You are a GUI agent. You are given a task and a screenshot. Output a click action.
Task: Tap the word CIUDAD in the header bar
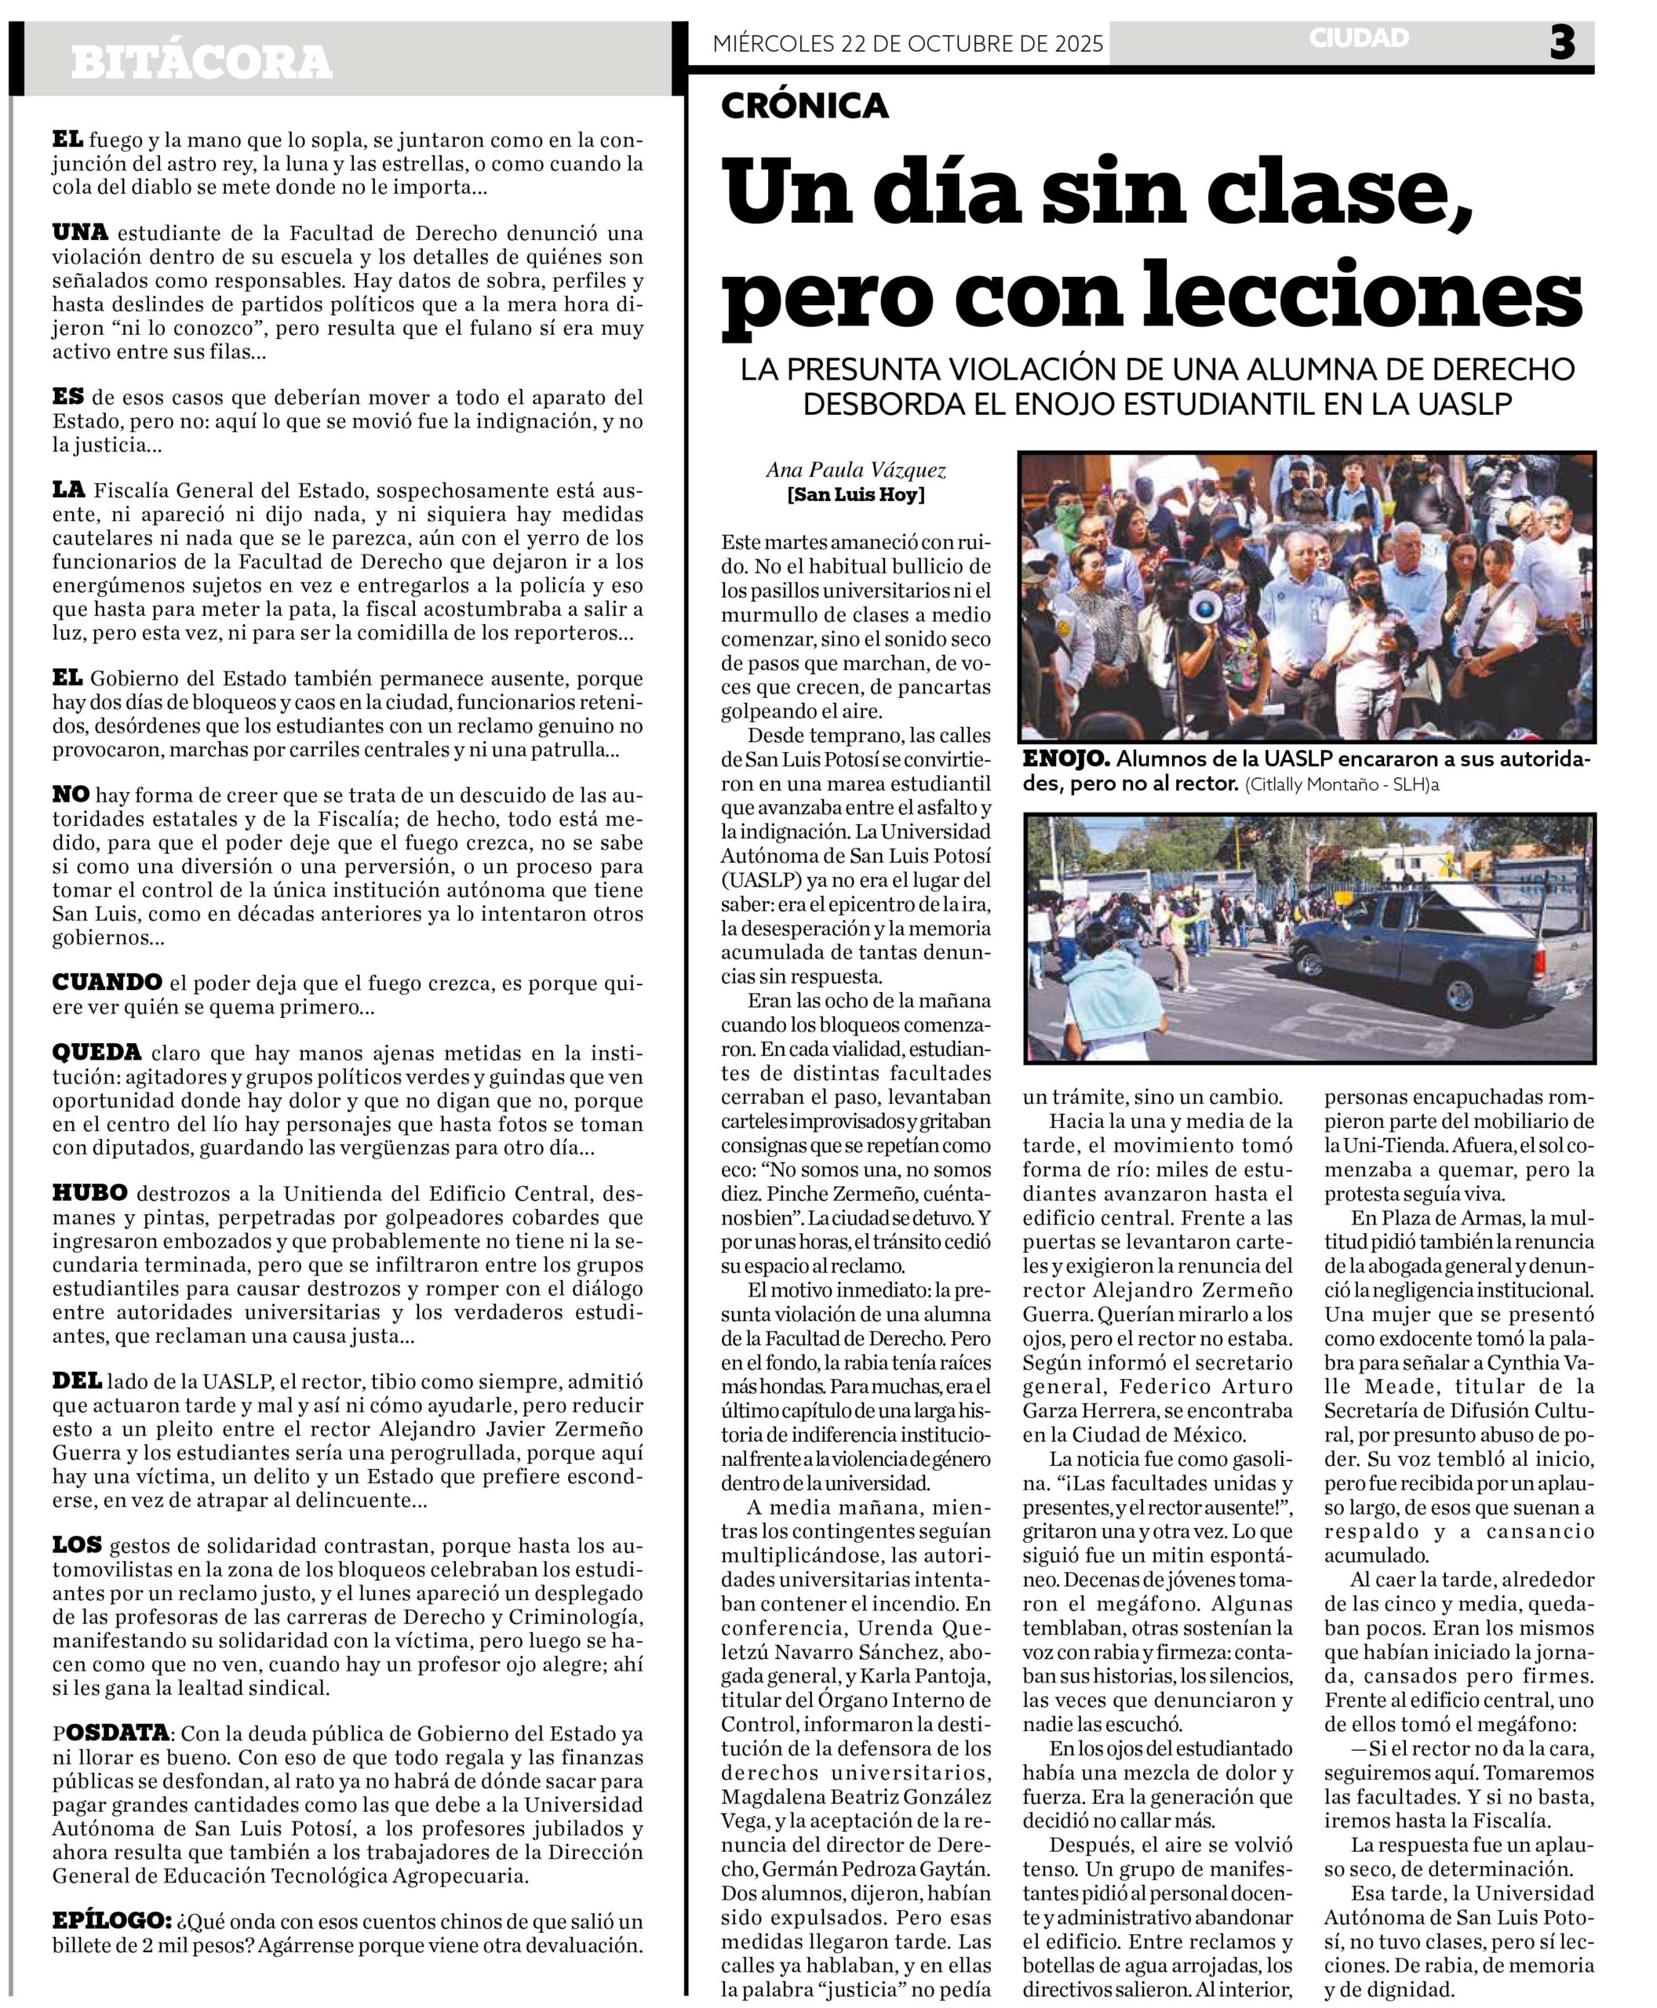(x=1358, y=38)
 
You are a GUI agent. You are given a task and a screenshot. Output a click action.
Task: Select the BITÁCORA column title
(x=202, y=63)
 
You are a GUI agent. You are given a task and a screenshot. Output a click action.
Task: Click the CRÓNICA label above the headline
(x=805, y=105)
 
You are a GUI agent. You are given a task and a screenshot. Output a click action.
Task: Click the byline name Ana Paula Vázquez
(x=855, y=470)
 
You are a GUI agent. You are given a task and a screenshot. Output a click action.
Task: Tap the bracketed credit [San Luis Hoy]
(x=855, y=494)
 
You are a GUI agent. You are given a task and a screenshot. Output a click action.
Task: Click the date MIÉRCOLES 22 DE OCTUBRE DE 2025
(x=908, y=43)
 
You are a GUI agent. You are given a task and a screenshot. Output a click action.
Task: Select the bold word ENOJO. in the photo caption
(x=1065, y=758)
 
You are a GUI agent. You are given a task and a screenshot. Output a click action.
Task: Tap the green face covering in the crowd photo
(x=1069, y=521)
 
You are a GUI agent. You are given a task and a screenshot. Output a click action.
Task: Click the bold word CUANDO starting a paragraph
(x=107, y=982)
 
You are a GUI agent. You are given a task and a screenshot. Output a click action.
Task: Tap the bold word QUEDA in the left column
(x=97, y=1053)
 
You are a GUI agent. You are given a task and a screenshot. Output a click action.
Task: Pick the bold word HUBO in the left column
(x=89, y=1193)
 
